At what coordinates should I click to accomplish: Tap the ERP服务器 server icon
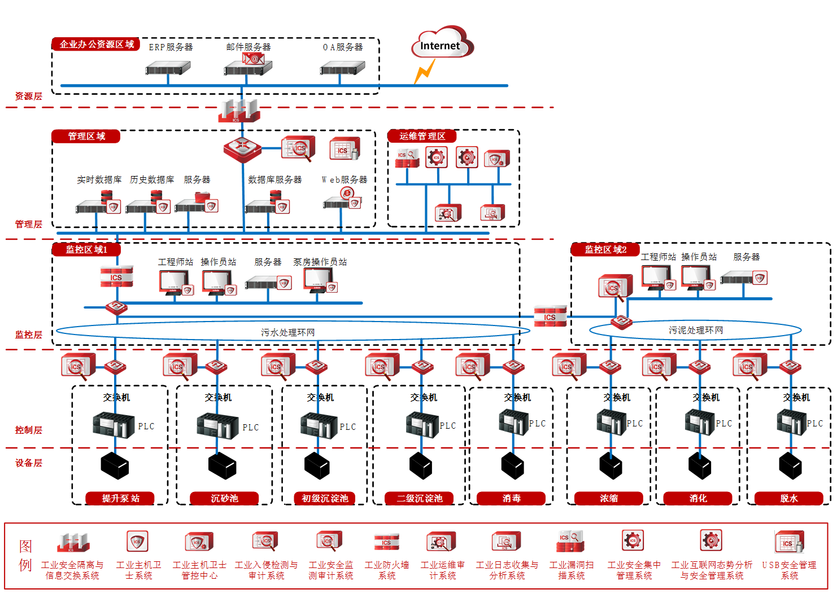coord(168,69)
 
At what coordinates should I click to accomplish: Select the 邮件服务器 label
coord(249,47)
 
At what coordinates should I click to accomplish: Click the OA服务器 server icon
coord(342,69)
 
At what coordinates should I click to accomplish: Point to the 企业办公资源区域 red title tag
coord(96,44)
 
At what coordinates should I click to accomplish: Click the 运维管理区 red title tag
coord(422,136)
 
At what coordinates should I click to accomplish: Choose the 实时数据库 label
coord(99,179)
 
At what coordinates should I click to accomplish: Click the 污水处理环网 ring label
coord(287,332)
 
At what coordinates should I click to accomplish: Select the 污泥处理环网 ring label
coord(696,330)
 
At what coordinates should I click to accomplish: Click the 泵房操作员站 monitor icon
coord(319,280)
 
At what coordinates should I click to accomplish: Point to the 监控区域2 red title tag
coord(605,249)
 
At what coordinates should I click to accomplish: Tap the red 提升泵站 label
coord(120,498)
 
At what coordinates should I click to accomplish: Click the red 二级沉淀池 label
coord(420,498)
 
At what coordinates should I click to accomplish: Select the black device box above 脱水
coord(790,466)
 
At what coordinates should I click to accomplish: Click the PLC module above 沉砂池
coord(217,426)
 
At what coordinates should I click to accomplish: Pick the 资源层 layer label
coord(28,96)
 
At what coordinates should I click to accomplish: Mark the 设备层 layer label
coord(28,463)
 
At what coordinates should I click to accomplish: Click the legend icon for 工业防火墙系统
coord(386,542)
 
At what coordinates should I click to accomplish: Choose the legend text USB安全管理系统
coord(789,570)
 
